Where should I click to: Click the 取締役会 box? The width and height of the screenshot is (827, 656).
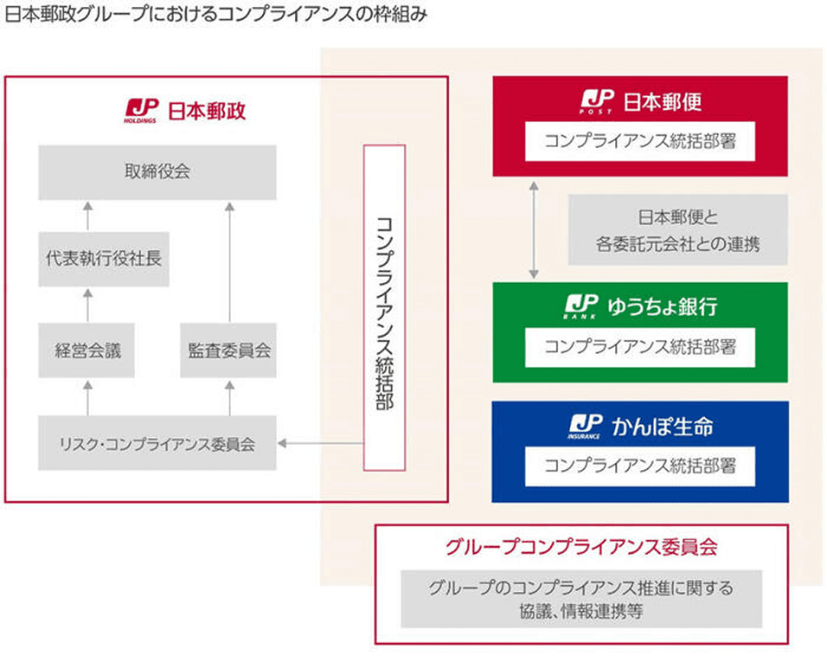click(x=157, y=172)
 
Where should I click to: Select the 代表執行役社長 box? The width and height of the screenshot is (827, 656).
click(x=103, y=258)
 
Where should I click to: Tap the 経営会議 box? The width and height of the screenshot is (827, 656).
click(x=86, y=350)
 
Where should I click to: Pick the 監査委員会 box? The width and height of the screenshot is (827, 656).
click(x=229, y=350)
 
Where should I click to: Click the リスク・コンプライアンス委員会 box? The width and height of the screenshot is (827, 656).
click(x=157, y=443)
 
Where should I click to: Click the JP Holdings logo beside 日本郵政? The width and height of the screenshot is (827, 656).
click(x=140, y=111)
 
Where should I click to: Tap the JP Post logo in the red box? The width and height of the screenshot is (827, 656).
click(x=597, y=102)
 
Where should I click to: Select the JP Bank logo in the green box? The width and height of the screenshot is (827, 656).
click(x=581, y=307)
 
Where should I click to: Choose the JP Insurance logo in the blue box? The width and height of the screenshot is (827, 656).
click(x=585, y=426)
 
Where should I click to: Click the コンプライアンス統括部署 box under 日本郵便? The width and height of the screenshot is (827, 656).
click(x=639, y=142)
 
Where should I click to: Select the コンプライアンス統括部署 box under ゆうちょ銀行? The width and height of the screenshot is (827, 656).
click(x=639, y=347)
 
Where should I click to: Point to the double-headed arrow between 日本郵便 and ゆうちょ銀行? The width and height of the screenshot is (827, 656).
click(x=534, y=229)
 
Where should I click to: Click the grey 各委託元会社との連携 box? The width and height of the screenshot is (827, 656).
click(x=677, y=229)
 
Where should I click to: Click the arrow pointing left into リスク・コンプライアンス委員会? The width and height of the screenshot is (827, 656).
click(x=319, y=444)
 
